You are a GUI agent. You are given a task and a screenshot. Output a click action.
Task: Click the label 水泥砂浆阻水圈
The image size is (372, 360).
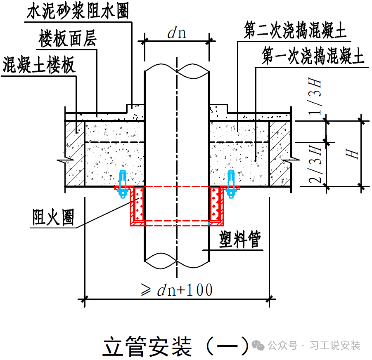(x=77, y=12)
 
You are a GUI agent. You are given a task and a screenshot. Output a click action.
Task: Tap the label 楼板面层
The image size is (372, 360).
(x=68, y=39)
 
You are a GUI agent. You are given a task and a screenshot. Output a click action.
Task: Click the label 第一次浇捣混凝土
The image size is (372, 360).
(x=313, y=56)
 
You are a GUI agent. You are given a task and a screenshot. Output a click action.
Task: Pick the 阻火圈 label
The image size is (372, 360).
(x=54, y=217)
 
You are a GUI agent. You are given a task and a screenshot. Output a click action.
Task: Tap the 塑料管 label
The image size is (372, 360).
(x=240, y=239)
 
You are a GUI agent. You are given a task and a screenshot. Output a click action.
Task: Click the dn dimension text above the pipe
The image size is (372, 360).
(x=176, y=33)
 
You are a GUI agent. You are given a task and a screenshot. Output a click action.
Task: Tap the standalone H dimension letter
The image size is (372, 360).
(x=353, y=154)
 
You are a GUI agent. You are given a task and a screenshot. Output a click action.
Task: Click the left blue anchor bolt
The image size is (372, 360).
(x=122, y=184)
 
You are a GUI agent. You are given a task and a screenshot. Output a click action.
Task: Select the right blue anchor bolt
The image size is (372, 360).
(x=232, y=184)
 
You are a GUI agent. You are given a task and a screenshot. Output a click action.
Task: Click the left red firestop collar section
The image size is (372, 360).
(x=137, y=204)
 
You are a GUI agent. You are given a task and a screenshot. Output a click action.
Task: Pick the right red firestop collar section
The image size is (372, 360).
(x=216, y=204)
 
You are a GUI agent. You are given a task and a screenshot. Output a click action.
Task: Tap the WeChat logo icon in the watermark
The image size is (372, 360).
(x=259, y=345)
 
